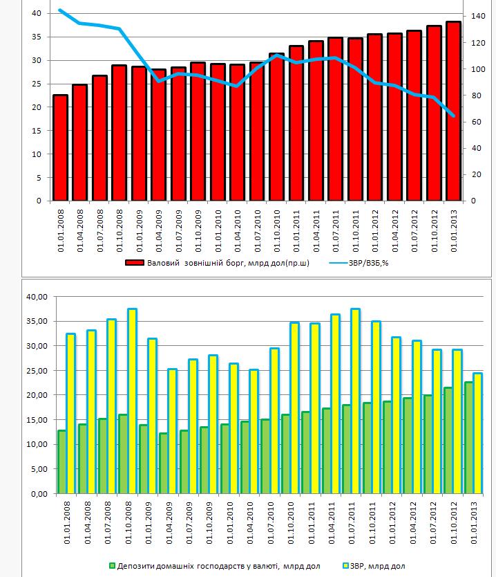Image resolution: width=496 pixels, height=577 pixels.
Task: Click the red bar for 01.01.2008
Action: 61,147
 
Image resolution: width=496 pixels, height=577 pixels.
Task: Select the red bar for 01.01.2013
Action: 454,111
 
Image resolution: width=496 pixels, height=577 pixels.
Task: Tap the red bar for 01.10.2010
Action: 276,127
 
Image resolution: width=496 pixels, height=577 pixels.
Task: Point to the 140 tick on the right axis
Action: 478,16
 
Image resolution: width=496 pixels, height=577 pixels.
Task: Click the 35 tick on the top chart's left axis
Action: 37,37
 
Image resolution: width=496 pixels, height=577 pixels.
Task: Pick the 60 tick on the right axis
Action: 476,122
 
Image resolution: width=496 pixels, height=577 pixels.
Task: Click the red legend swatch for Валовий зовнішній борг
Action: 134,263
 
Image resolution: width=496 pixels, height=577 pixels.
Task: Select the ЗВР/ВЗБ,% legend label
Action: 368,263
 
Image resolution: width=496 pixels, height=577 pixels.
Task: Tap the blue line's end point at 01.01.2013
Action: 454,116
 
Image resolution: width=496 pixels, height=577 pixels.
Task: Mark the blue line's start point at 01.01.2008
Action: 60,10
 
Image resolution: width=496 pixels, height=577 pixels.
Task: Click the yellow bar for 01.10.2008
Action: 132,401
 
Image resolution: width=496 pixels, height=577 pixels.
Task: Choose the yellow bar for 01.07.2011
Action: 355,401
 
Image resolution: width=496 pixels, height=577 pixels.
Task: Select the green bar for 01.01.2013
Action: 469,438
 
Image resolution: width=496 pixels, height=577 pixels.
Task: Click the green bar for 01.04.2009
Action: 164,464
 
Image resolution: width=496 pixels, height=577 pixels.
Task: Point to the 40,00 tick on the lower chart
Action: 37,297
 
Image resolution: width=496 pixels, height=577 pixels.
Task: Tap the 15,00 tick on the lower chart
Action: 37,420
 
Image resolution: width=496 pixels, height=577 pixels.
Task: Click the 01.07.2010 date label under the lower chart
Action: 271,523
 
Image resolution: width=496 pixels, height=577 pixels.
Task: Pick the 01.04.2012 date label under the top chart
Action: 395,231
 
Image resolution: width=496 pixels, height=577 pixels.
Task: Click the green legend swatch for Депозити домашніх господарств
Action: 112,566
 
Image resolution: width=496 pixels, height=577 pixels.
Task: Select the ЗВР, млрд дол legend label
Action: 378,566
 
